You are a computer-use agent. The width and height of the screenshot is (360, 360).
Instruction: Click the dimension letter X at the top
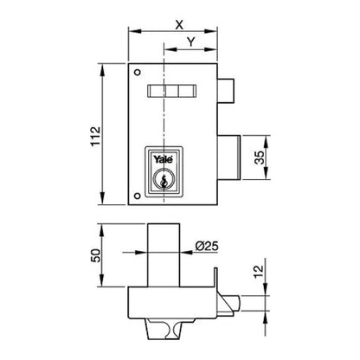179,24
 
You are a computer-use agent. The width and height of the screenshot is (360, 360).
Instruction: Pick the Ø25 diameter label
205,246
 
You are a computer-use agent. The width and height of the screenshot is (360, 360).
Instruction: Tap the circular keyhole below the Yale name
162,182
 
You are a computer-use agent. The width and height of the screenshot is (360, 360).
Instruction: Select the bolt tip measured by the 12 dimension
232,301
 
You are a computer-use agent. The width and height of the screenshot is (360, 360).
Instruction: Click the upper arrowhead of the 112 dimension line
111,66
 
